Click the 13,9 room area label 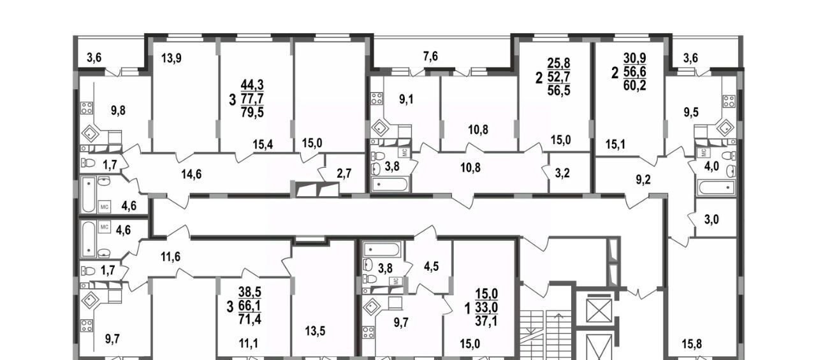pyautogui.click(x=171, y=58)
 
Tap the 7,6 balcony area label pyautogui.click(x=430, y=57)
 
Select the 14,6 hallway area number pyautogui.click(x=191, y=175)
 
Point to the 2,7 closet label pyautogui.click(x=344, y=174)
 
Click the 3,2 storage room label pyautogui.click(x=562, y=173)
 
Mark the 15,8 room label pyautogui.click(x=692, y=344)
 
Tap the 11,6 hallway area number pyautogui.click(x=170, y=257)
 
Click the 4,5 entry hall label pyautogui.click(x=431, y=266)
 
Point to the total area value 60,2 pyautogui.click(x=634, y=85)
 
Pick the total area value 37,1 pyautogui.click(x=486, y=321)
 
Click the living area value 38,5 pyautogui.click(x=250, y=292)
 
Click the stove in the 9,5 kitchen pyautogui.click(x=729, y=101)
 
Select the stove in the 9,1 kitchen pyautogui.click(x=377, y=99)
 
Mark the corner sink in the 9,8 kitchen pyautogui.click(x=90, y=134)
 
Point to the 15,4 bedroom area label pyautogui.click(x=263, y=145)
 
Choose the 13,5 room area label pyautogui.click(x=315, y=331)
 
